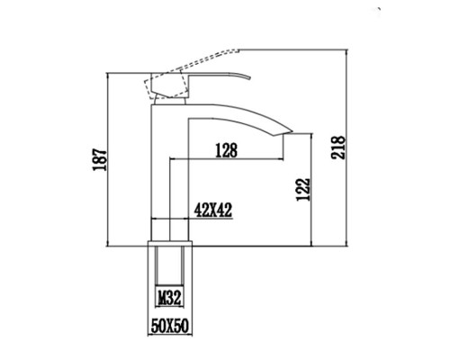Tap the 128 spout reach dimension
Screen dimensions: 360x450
pyautogui.click(x=226, y=151)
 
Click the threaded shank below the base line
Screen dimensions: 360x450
pyautogui.click(x=170, y=270)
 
